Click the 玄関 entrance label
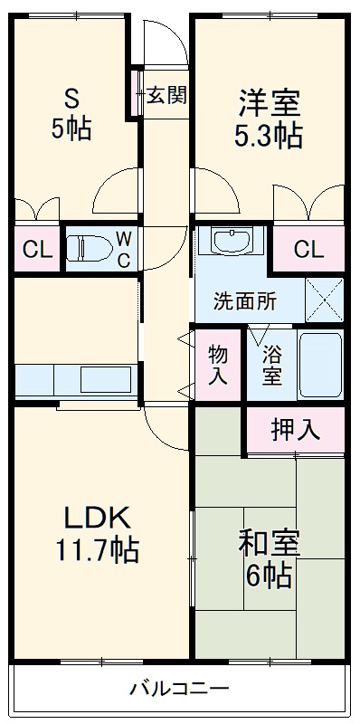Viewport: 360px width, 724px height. pyautogui.click(x=166, y=95)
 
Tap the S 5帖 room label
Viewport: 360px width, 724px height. pyautogui.click(x=71, y=114)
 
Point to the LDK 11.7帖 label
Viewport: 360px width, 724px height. pyautogui.click(x=99, y=533)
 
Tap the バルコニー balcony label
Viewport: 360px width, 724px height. pyautogui.click(x=179, y=689)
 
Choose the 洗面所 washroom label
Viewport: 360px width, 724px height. pyautogui.click(x=244, y=301)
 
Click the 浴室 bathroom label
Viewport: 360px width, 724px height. pyautogui.click(x=272, y=365)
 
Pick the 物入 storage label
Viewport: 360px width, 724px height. pyautogui.click(x=217, y=365)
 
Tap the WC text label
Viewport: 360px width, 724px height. pyautogui.click(x=125, y=248)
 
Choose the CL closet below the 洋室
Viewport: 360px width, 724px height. pyautogui.click(x=308, y=249)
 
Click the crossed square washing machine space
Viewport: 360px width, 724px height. pyautogui.click(x=325, y=300)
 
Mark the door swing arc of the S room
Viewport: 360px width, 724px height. pyautogui.click(x=117, y=190)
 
